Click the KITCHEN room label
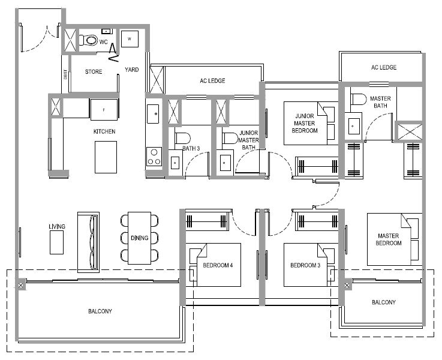(104, 131)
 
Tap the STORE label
(94, 71)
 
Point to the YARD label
(132, 70)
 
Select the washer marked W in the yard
(130, 39)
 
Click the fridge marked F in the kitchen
(104, 110)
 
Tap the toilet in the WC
(88, 40)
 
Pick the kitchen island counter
(106, 157)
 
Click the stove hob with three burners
(154, 157)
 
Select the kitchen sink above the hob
(153, 114)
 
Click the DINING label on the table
(139, 238)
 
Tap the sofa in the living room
(88, 242)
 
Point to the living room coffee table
(56, 242)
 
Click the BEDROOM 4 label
(218, 265)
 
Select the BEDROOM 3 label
(305, 265)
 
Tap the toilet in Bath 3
(182, 138)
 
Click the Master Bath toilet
(358, 99)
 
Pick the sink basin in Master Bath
(354, 126)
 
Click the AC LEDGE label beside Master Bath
(384, 67)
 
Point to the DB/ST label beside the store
(65, 74)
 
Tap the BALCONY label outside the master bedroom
(384, 302)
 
